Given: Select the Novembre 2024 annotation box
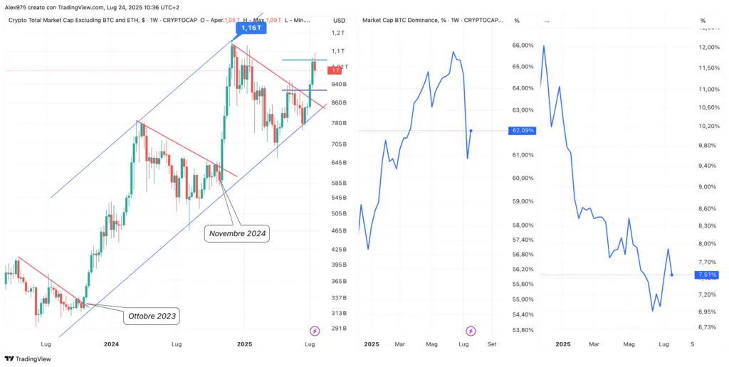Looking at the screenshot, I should (238, 233).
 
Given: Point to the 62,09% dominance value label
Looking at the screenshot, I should (523, 131).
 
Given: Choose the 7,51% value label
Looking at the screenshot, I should (708, 275).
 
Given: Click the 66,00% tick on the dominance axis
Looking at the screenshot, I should (523, 46).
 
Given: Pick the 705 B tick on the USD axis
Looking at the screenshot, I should (338, 144).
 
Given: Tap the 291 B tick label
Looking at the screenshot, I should (338, 329).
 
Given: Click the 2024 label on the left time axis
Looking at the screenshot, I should (111, 344).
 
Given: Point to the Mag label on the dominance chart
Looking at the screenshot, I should (431, 344).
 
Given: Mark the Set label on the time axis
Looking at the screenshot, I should (492, 344).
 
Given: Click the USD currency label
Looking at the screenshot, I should (339, 21).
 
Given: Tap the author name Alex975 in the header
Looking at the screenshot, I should (17, 7).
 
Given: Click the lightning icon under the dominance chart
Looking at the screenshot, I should (471, 330).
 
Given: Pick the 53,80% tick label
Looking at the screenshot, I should (523, 330).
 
